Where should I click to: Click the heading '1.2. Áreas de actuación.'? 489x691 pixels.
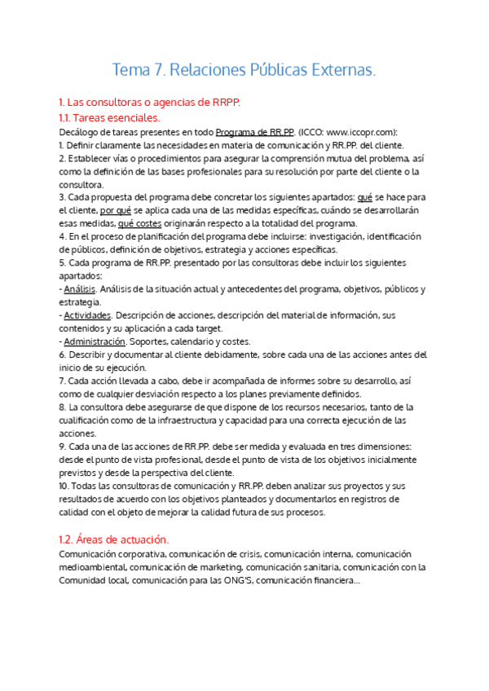114,539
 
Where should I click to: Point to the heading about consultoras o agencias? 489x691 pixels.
150,103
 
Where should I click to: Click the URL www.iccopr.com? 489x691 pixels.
359,132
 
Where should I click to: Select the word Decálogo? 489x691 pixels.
80,132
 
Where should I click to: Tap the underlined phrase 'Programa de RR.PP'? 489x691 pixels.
255,132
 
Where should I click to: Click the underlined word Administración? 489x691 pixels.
95,341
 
